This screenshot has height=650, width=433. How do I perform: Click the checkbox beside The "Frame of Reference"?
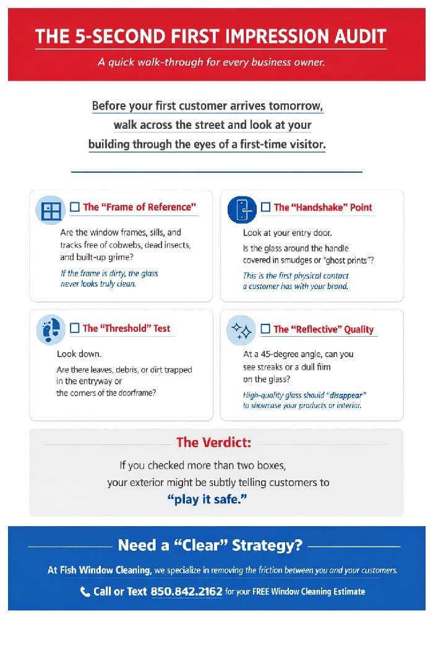pyautogui.click(x=75, y=207)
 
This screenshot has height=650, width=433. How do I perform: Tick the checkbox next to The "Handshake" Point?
pyautogui.click(x=266, y=207)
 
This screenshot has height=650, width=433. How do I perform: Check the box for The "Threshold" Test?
pyautogui.click(x=75, y=328)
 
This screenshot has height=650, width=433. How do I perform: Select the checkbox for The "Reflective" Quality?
pyautogui.click(x=266, y=329)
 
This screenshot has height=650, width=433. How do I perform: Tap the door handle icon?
pyautogui.click(x=242, y=209)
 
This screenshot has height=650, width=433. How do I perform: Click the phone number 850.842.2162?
pyautogui.click(x=186, y=591)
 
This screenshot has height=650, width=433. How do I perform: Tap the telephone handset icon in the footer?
pyautogui.click(x=85, y=592)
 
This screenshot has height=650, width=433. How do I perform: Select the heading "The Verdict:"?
pyautogui.click(x=213, y=442)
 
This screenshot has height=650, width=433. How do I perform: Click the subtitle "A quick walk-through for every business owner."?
pyautogui.click(x=211, y=62)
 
